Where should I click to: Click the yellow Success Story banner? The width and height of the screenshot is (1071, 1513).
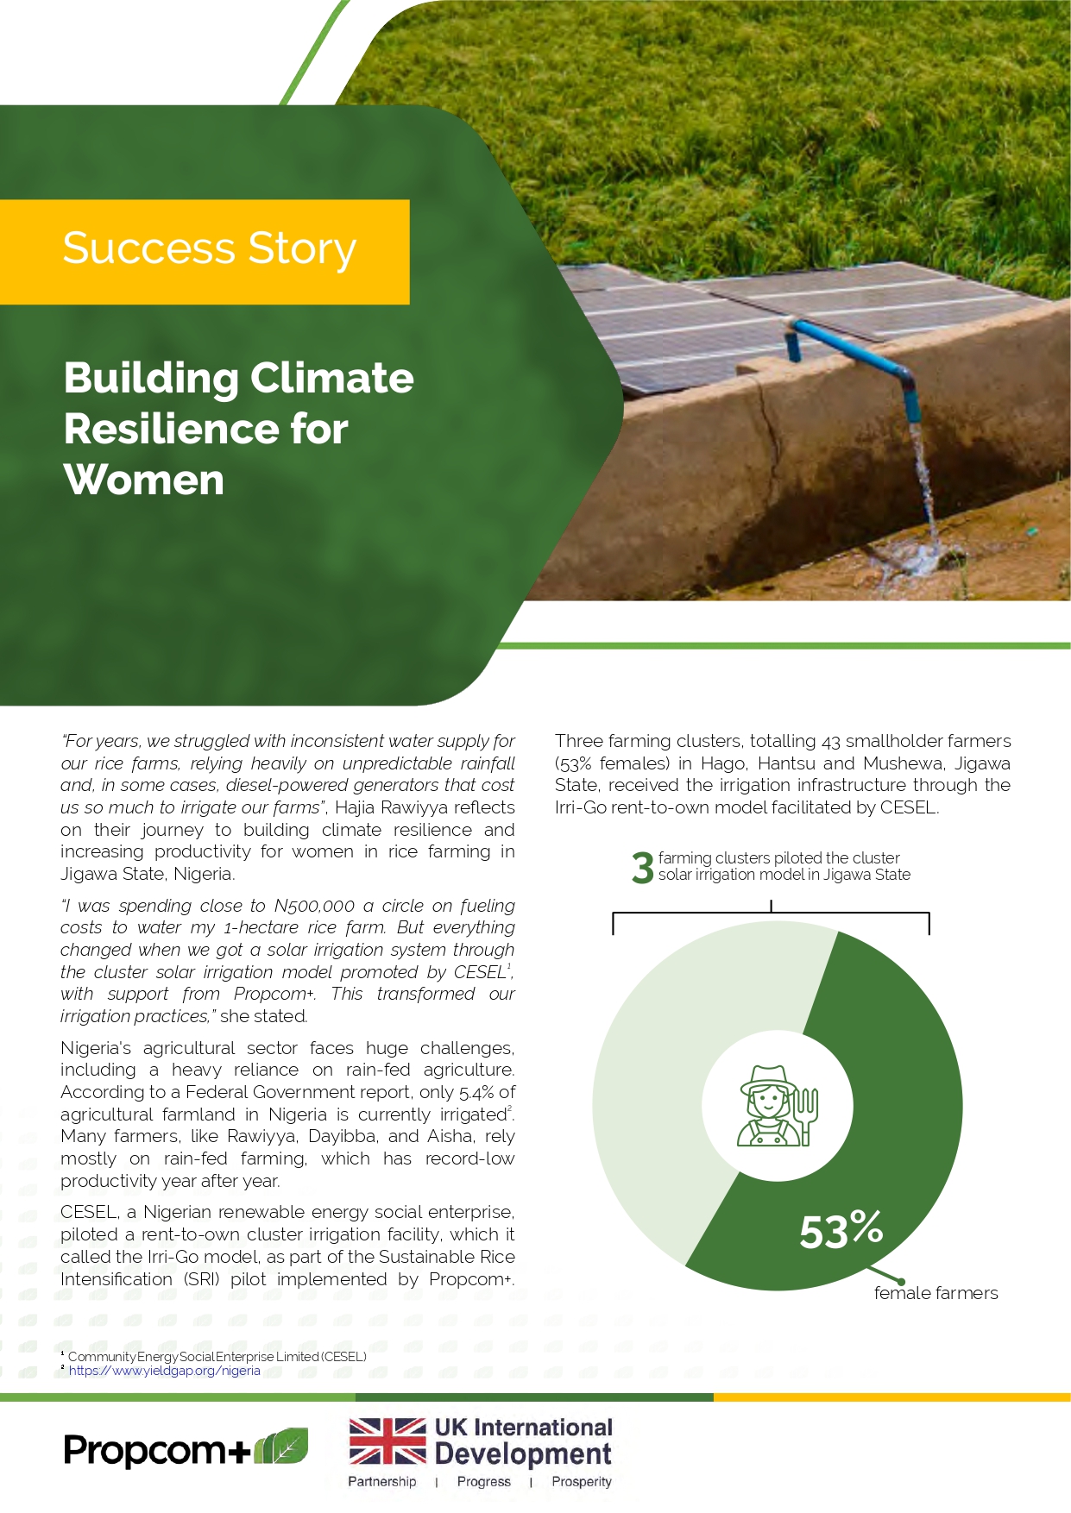click(205, 251)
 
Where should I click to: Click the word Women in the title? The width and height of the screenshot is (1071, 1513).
click(144, 480)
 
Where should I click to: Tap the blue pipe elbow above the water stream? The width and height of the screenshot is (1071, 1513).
click(906, 380)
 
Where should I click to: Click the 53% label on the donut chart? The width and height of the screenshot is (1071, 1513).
click(841, 1229)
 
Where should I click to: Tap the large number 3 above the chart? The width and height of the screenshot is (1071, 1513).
click(642, 868)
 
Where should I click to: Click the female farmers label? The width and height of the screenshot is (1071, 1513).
click(936, 1293)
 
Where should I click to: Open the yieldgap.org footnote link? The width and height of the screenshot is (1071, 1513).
click(164, 1371)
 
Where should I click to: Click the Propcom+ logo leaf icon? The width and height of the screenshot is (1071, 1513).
click(281, 1447)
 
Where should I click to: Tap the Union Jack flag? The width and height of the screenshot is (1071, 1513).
click(387, 1441)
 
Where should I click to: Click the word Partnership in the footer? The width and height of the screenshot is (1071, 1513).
click(381, 1482)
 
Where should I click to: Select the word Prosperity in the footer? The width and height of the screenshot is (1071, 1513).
click(582, 1482)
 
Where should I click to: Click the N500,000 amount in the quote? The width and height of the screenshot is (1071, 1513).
click(314, 906)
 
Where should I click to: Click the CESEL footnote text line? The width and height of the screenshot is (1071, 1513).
click(217, 1356)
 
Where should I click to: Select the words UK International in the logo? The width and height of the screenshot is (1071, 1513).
click(523, 1428)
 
